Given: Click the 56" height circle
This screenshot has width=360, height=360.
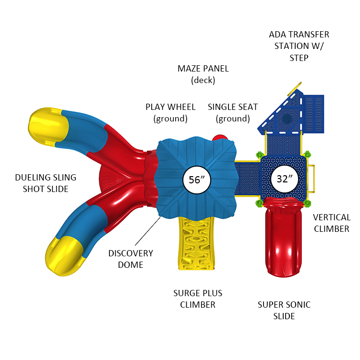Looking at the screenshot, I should point(197,180).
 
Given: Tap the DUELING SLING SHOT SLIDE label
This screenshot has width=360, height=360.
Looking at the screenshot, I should point(45,183).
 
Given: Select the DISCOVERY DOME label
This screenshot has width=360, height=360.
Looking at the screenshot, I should point(131,259).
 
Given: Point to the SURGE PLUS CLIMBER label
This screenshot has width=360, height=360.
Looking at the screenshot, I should point(198,299).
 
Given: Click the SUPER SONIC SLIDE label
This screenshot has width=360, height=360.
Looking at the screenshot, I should point(284,310).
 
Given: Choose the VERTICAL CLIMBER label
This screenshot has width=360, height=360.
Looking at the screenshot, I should point(332,223).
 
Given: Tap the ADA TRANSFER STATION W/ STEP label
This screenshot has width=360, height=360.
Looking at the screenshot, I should point(299,46).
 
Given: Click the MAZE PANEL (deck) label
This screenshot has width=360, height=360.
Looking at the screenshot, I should point(203,74).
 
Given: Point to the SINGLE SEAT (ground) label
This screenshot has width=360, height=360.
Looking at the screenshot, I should point(233,112).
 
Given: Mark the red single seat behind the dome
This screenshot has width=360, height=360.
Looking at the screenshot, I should point(220,138).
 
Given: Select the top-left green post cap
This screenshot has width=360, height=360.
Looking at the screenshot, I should point(260,155).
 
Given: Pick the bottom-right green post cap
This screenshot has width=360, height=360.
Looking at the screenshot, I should point(308,203).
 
